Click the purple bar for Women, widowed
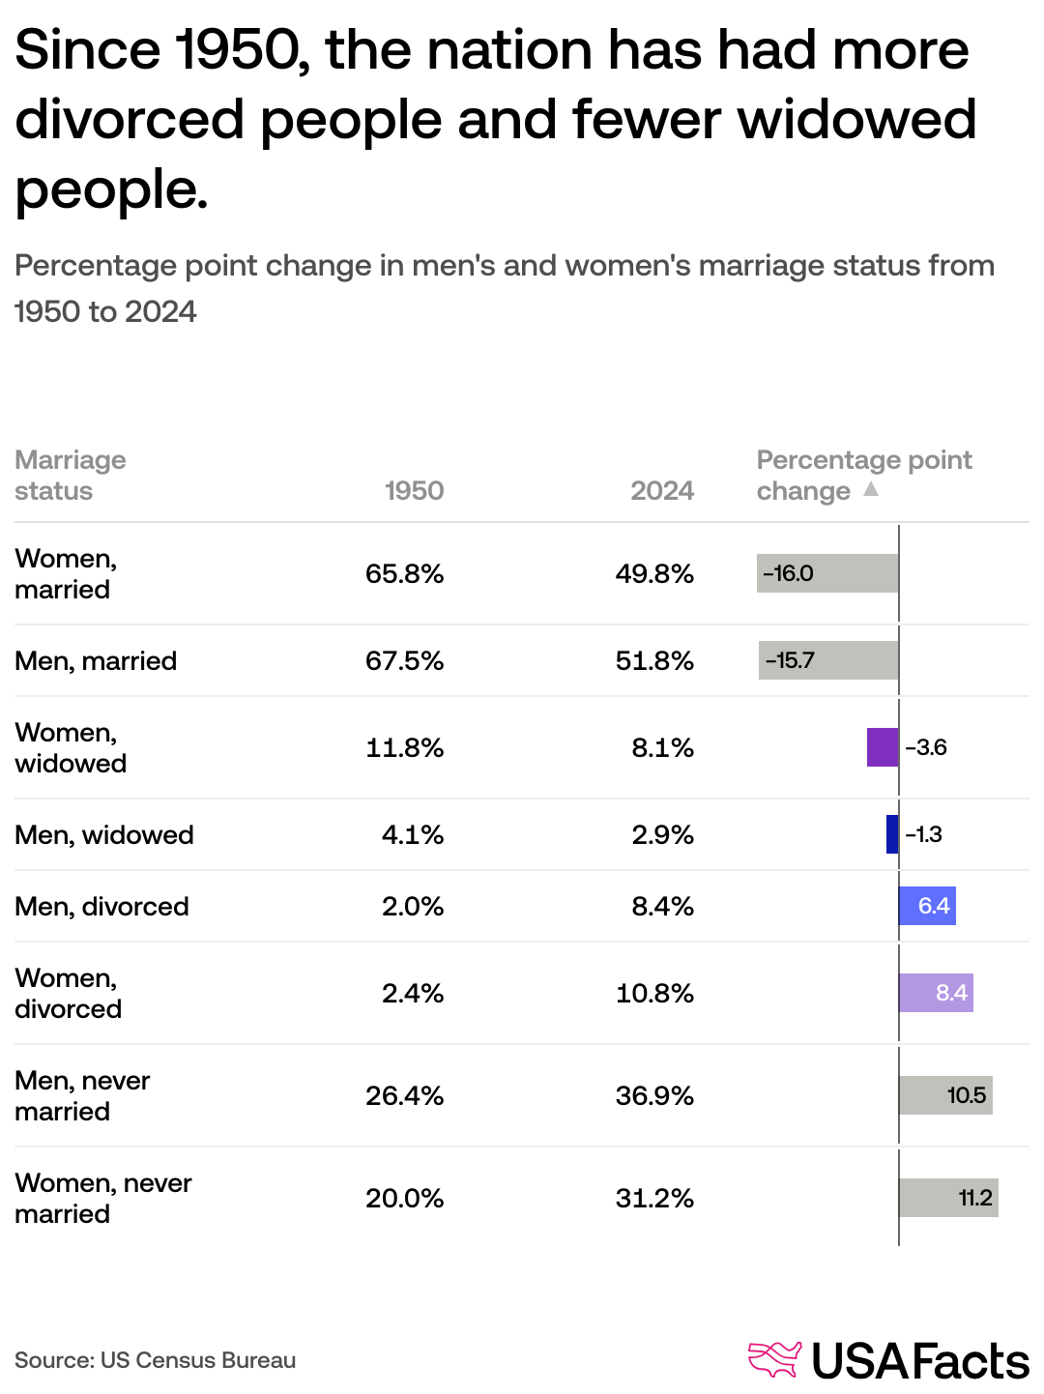[883, 747]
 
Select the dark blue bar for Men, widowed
[892, 834]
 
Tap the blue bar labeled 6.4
[927, 906]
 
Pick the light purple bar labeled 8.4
[936, 993]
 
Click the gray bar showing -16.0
[827, 573]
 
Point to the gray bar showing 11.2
[948, 1198]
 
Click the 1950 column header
[414, 490]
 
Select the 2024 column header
[662, 490]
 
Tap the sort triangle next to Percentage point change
[871, 489]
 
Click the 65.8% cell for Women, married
[404, 573]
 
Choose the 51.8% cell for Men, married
[654, 660]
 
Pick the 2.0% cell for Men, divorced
[413, 906]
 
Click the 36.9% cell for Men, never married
[654, 1095]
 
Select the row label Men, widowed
[104, 834]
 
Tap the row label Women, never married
[102, 1198]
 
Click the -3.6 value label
[926, 747]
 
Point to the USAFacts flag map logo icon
[775, 1359]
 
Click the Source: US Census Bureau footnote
[155, 1360]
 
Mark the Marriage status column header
[70, 475]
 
